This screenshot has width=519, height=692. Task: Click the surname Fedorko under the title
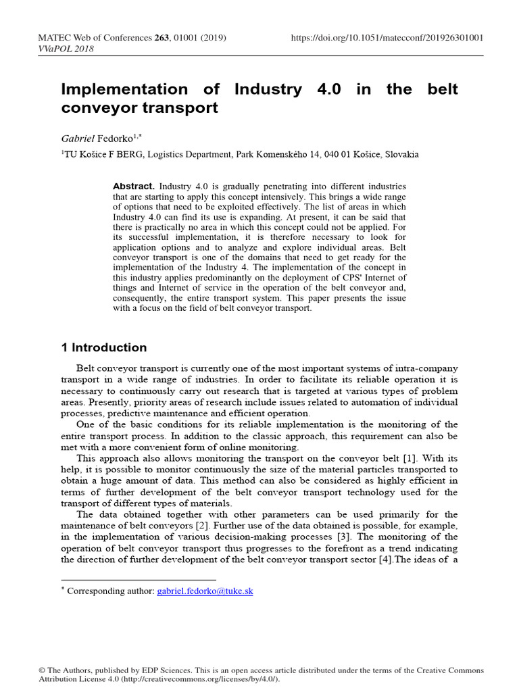tap(118, 137)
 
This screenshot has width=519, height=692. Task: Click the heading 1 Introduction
tap(103, 348)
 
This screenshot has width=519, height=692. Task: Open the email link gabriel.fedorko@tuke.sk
tap(205, 591)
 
